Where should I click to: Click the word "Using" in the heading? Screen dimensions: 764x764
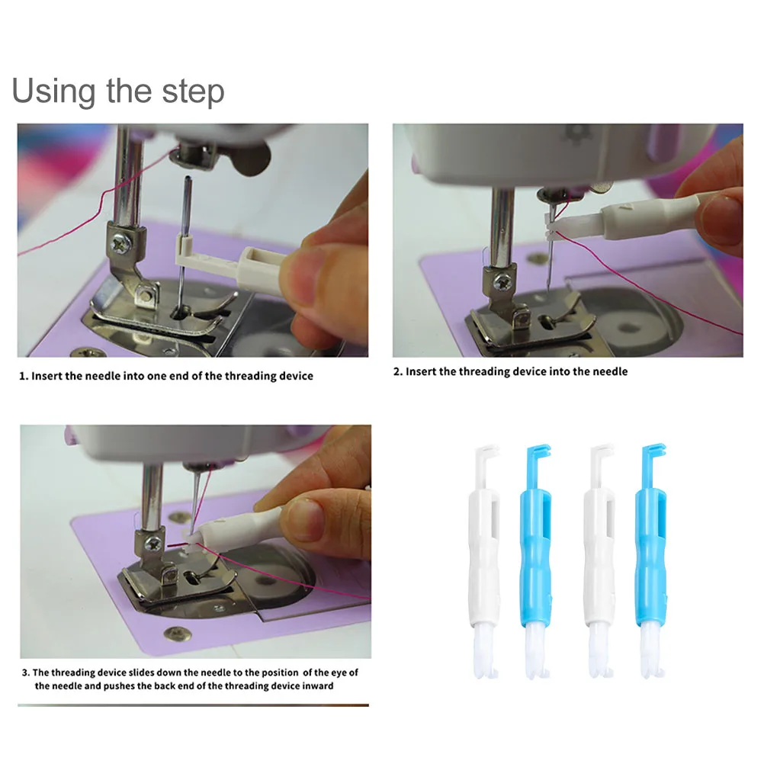pyautogui.click(x=53, y=91)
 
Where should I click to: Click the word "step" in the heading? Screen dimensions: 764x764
pyautogui.click(x=194, y=91)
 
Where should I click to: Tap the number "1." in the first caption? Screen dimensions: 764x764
pyautogui.click(x=24, y=376)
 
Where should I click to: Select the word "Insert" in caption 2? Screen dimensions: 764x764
pyautogui.click(x=420, y=372)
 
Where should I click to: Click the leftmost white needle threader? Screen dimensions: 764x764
pyautogui.click(x=486, y=561)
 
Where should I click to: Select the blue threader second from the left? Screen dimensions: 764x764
pyautogui.click(x=537, y=561)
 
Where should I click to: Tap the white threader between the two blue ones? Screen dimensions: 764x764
pyautogui.click(x=600, y=561)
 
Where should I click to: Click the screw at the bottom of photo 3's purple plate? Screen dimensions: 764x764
pyautogui.click(x=178, y=634)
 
